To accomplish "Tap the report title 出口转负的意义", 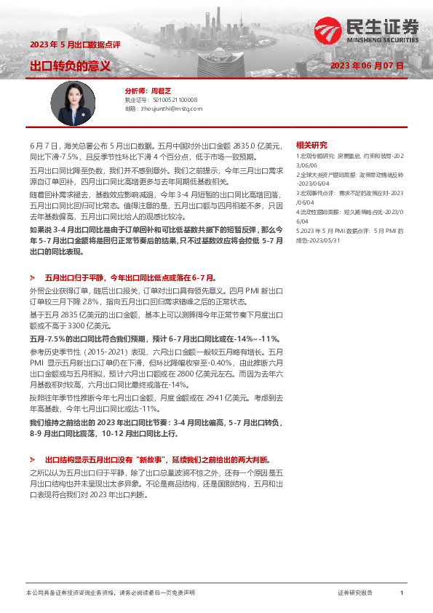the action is pos(70,66).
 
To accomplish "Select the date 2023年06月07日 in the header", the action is pos(366,66).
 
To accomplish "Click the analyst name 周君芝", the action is pos(159,91).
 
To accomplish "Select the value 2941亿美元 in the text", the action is pos(221,400).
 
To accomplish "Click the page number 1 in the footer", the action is pos(402,593).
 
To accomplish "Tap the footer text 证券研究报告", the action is pos(356,593).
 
